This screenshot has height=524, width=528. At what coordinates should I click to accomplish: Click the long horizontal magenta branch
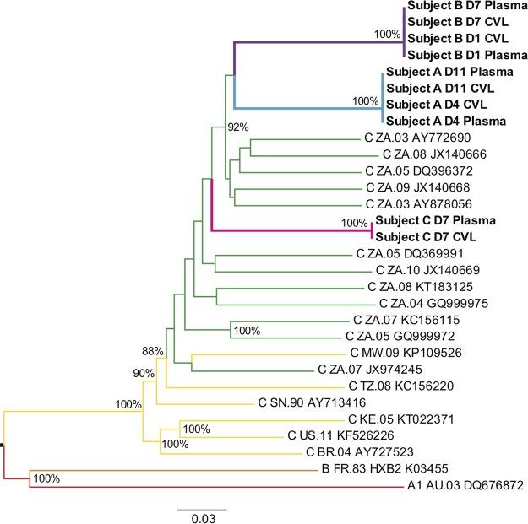click(x=287, y=230)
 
